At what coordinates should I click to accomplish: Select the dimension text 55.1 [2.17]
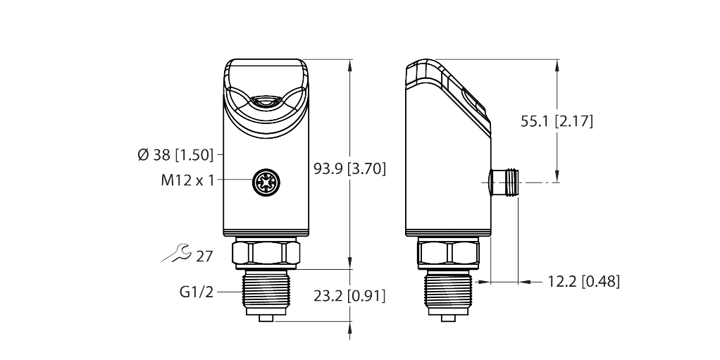557,121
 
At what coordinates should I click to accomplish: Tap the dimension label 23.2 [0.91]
349,294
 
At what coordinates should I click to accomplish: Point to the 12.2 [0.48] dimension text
583,282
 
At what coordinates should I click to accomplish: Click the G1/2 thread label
198,292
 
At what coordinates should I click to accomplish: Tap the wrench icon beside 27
175,254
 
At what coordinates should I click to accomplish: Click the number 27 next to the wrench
204,256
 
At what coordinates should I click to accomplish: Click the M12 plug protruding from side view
504,183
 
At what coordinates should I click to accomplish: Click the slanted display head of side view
451,99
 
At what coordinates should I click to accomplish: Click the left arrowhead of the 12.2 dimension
483,282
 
